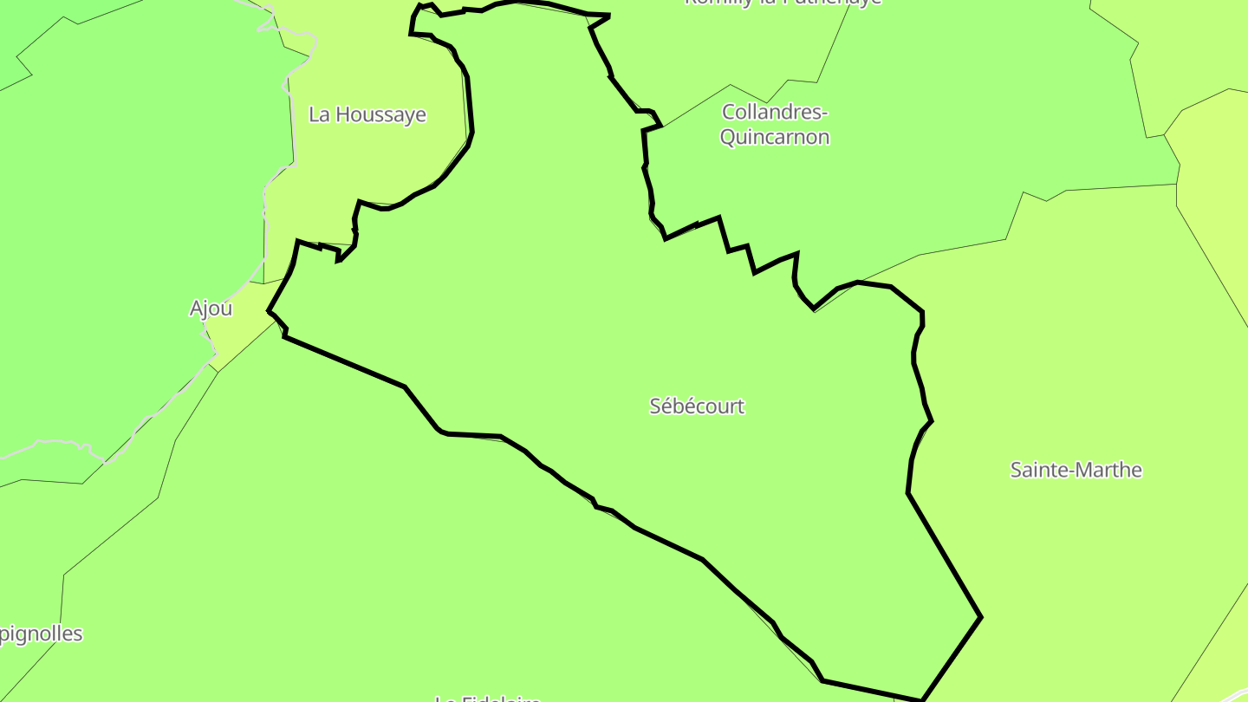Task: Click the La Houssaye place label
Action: (x=367, y=114)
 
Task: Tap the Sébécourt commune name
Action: (x=697, y=406)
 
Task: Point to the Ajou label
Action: (x=211, y=309)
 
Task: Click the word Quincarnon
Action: (x=775, y=137)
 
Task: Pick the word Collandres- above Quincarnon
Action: (x=775, y=112)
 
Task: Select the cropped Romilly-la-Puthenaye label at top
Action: (x=782, y=3)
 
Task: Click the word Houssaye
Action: (x=380, y=114)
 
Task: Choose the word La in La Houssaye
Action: (x=319, y=114)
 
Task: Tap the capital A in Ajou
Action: (x=196, y=309)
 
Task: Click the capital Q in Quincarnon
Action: (x=728, y=137)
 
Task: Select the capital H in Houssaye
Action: (x=341, y=114)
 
